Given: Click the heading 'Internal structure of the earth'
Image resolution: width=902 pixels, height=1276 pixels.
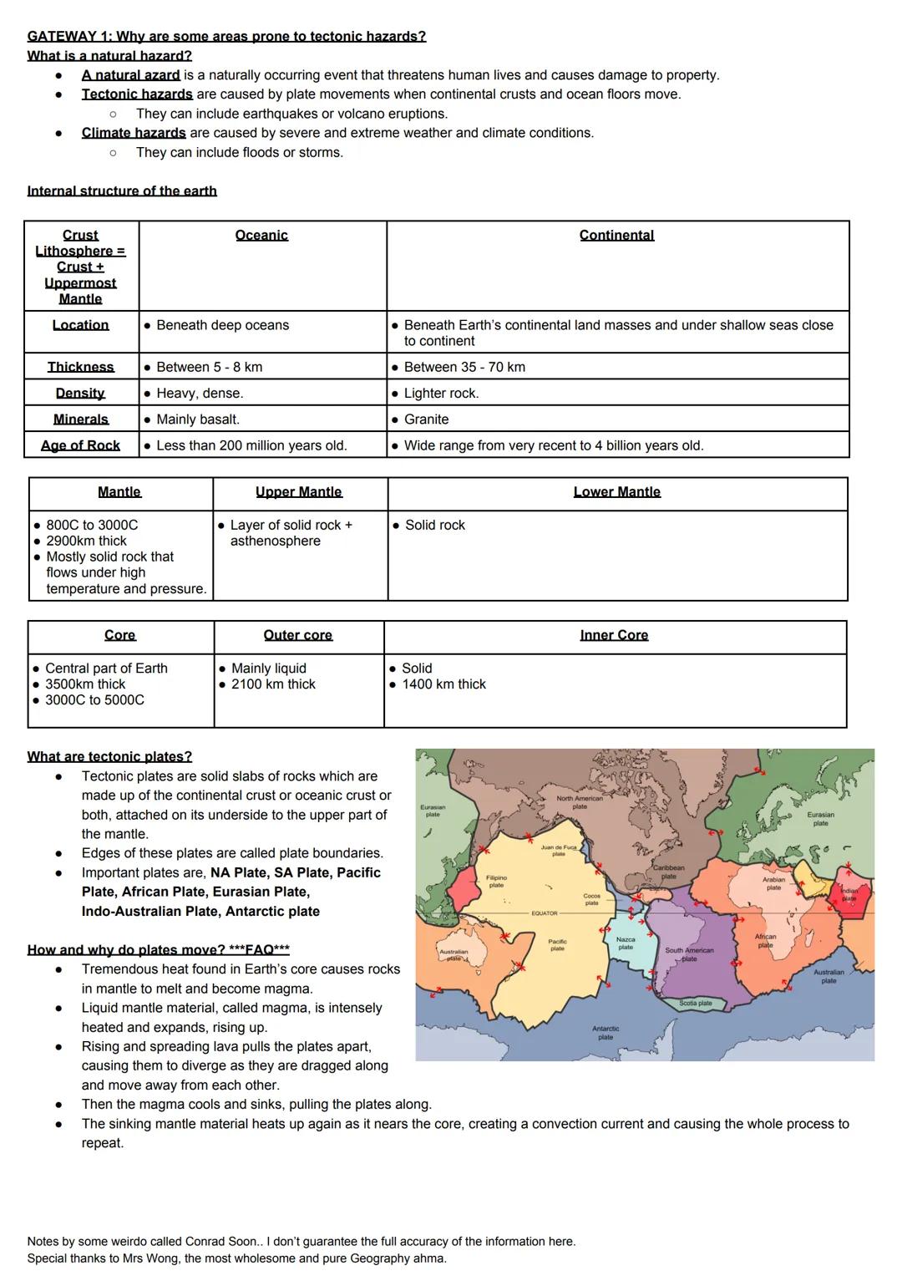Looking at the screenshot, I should tap(122, 191).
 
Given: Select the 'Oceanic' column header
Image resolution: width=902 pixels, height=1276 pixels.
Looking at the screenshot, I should tap(261, 236).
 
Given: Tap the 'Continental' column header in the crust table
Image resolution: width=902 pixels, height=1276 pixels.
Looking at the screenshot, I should tap(616, 236).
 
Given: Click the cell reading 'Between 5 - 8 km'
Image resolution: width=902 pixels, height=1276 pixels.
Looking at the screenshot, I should tap(209, 367).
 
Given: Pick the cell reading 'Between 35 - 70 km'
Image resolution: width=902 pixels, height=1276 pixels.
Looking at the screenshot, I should tap(464, 367).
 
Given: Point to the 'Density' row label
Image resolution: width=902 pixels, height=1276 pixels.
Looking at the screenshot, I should tap(80, 393).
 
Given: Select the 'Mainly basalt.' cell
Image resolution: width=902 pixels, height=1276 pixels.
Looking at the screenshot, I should tap(198, 419).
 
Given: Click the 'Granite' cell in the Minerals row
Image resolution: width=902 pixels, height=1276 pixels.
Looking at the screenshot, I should tap(426, 419).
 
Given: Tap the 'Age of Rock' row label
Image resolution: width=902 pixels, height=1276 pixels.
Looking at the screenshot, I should tap(80, 445).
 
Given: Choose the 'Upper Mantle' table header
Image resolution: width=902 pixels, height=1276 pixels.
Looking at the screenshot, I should tap(298, 492).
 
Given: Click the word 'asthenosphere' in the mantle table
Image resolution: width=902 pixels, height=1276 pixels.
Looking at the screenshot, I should tap(276, 541).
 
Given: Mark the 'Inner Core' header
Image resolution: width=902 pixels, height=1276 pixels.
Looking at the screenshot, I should tap(614, 635).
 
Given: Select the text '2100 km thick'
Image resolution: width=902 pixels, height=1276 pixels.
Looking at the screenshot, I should tap(273, 684).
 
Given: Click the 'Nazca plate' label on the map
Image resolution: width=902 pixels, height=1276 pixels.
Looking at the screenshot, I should tap(626, 943).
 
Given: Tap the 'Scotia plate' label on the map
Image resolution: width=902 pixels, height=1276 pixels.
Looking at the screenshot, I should tap(695, 1003).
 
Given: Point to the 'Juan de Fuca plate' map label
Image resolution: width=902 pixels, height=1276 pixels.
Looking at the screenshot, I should tap(559, 851).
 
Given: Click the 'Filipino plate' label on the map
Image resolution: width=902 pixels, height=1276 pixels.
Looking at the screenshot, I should tap(496, 882).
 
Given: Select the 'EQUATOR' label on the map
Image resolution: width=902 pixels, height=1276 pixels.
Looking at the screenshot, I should tap(545, 913).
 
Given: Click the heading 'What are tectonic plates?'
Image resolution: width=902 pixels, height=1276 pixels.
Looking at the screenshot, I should tap(109, 757).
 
